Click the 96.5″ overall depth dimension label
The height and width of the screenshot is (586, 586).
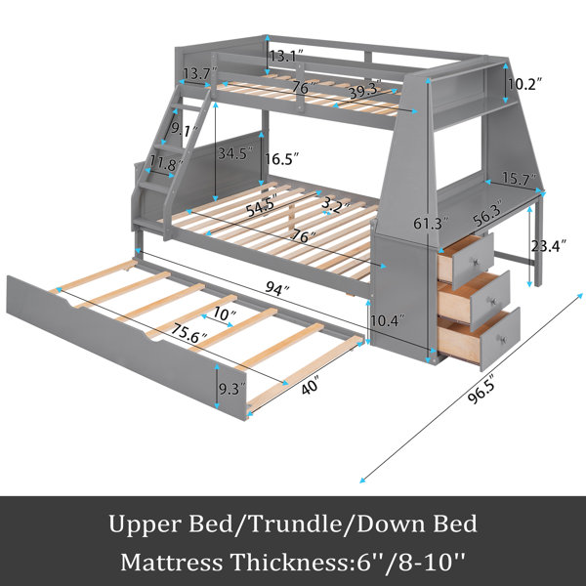click(x=481, y=389)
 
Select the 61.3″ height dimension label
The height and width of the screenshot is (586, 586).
click(x=430, y=224)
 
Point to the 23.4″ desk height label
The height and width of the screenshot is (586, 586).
click(x=548, y=246)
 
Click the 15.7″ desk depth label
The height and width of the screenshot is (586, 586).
click(x=520, y=179)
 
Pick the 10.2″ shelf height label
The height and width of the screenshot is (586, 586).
click(x=524, y=84)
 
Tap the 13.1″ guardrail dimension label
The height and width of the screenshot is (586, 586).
click(x=286, y=56)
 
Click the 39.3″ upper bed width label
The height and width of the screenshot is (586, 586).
click(x=364, y=90)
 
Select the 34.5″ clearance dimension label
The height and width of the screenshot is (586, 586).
click(x=235, y=153)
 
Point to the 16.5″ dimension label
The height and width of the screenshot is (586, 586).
click(x=282, y=159)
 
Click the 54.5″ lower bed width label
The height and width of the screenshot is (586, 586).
click(x=262, y=206)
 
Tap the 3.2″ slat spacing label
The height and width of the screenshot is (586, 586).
click(x=336, y=204)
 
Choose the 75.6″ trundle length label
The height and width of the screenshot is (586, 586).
click(x=189, y=333)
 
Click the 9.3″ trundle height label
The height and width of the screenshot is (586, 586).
click(x=232, y=389)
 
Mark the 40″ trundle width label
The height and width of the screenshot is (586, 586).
click(x=311, y=385)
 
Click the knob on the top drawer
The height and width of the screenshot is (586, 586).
click(x=477, y=261)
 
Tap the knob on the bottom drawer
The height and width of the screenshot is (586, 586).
click(x=502, y=340)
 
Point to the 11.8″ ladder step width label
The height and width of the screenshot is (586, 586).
click(x=166, y=163)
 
